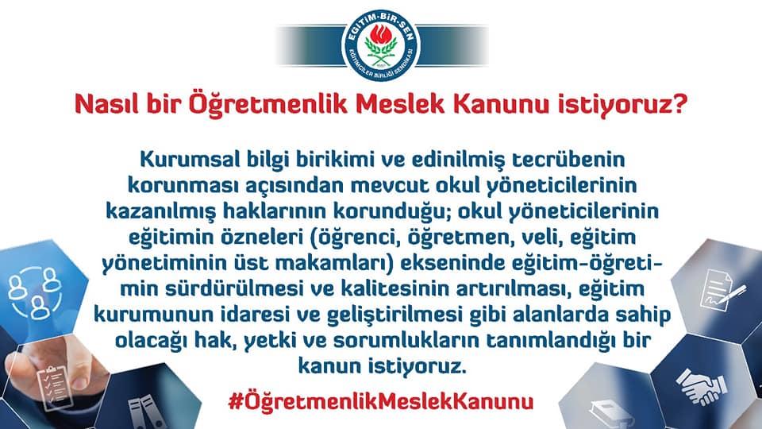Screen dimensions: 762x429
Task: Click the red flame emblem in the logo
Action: (380, 35)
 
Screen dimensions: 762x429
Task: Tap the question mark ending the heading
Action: (680, 104)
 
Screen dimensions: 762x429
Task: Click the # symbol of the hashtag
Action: (235, 402)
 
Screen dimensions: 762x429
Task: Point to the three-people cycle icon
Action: (35, 292)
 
